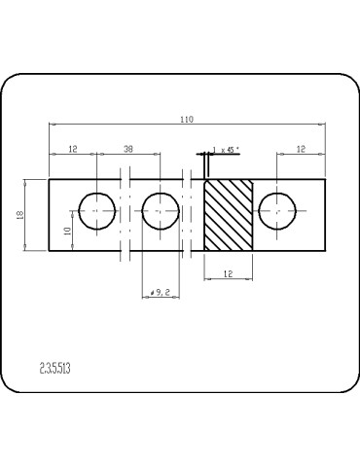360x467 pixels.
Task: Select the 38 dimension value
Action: [x=127, y=148]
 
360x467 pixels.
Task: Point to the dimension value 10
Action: [x=66, y=230]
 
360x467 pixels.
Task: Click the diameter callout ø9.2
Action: [x=162, y=291]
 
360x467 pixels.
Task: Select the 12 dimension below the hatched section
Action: [x=227, y=275]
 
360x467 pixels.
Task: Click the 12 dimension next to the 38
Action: [x=72, y=148]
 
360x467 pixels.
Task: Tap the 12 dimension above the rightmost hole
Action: [x=301, y=148]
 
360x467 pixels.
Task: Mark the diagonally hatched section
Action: [x=228, y=215]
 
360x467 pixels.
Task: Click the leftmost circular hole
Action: [x=96, y=211]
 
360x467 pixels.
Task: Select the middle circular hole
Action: [x=160, y=211]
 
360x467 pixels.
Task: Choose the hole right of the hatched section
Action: [x=278, y=211]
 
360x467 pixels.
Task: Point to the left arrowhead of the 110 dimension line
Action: [x=52, y=125]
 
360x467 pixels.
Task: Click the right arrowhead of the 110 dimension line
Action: [x=323, y=125]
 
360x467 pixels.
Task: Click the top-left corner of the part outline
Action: [x=49, y=179]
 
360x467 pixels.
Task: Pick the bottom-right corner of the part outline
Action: [x=326, y=251]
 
